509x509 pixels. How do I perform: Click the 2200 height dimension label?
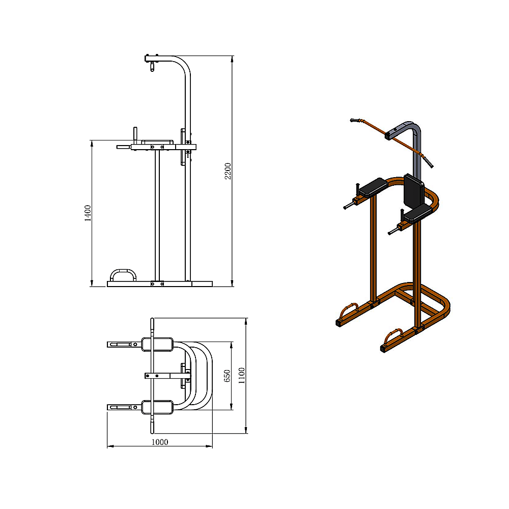pos(229,171)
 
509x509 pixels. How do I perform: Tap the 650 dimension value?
pos(228,376)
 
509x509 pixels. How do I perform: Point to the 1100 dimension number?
pos(242,375)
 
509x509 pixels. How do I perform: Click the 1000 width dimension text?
pos(159,442)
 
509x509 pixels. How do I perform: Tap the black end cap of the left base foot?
pos(338,323)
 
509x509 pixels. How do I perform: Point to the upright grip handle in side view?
pos(135,135)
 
